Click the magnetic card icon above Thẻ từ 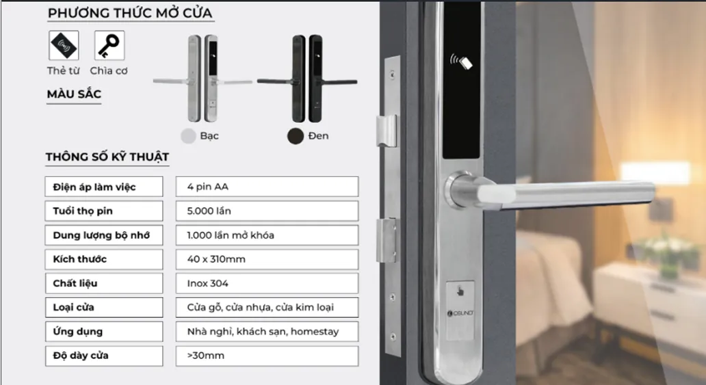click(64, 45)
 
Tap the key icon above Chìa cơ click(109, 45)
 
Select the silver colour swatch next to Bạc click(188, 135)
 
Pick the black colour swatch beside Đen click(296, 135)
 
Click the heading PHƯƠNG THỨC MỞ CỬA click(130, 13)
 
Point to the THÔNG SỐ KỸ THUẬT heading click(107, 157)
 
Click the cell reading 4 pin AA click(267, 187)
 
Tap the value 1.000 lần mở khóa click(267, 235)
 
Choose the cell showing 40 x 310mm click(267, 259)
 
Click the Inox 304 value click(267, 283)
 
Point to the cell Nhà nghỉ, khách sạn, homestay click(267, 332)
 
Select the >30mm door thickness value click(267, 356)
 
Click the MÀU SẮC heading click(74, 94)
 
